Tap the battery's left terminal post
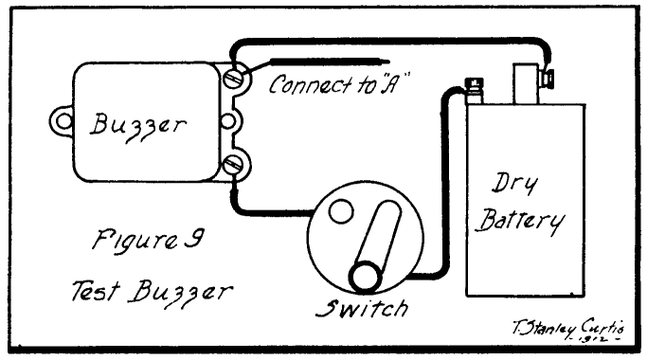pos(473,90)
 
